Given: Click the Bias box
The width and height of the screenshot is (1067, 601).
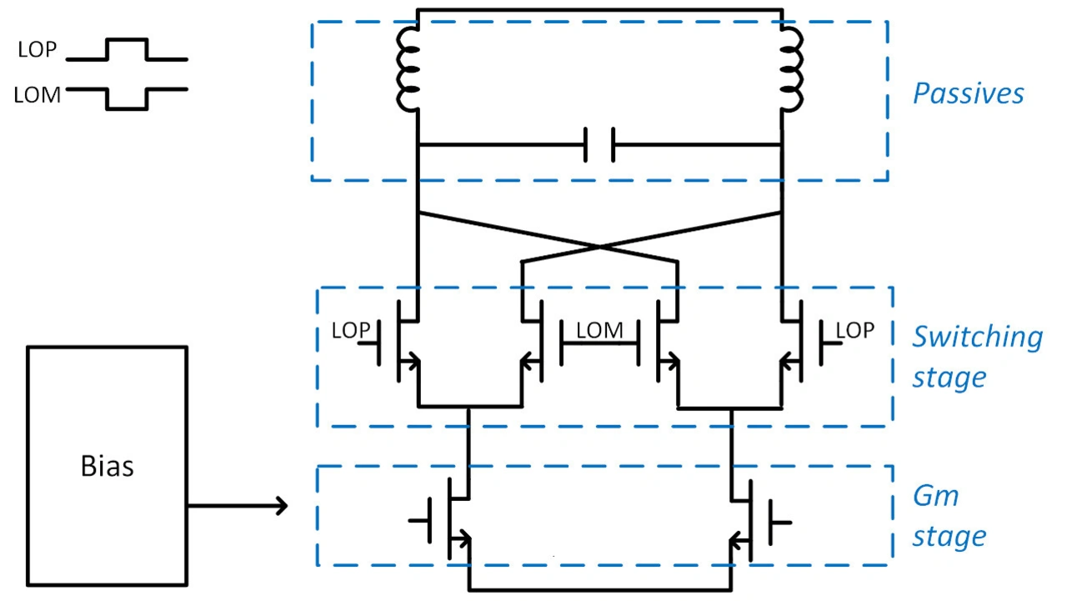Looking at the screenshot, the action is coord(108,466).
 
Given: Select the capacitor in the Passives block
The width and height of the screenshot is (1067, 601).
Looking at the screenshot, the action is coord(599,144).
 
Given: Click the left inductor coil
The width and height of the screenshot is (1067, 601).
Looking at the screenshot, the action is coord(408,69).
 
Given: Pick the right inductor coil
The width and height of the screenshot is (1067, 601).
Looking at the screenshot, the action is coord(792,69).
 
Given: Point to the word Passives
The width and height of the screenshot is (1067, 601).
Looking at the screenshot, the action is coord(968,93).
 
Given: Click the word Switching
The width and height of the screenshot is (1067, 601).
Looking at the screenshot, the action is coord(977,337).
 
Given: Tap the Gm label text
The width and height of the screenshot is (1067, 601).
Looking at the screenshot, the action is coord(935,496).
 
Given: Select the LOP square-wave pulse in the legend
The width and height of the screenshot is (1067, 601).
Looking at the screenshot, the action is coord(127,49).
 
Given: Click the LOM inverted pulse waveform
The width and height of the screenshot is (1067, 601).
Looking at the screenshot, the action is coord(127,98).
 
